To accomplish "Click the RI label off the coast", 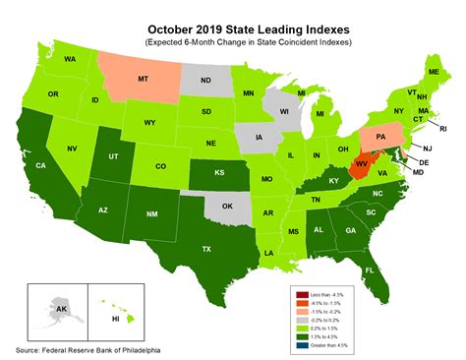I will (x=442, y=128).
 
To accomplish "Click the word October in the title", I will (x=178, y=14).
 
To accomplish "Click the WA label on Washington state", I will (x=70, y=59).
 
